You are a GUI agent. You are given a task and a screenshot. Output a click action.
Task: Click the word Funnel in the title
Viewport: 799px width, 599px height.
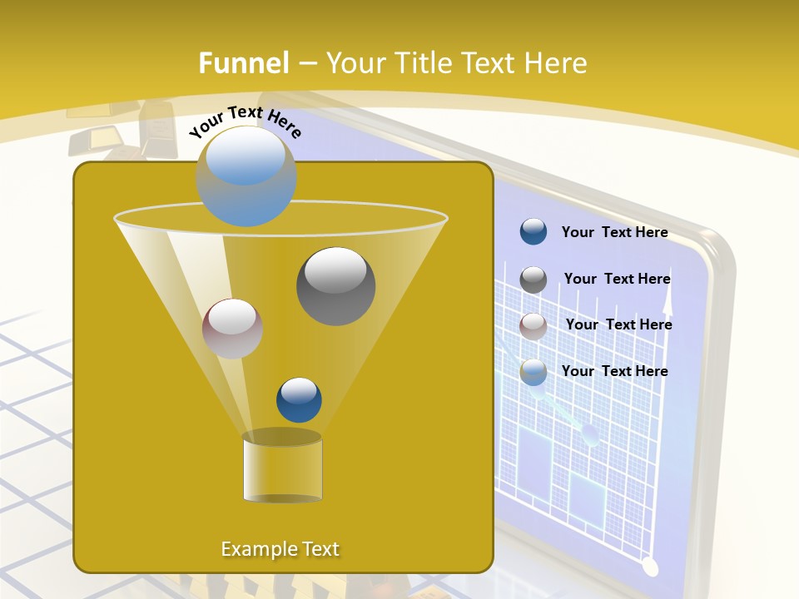243,62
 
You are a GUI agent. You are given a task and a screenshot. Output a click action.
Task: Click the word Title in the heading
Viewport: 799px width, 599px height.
423,62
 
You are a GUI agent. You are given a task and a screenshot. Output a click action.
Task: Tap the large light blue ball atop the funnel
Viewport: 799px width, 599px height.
246,176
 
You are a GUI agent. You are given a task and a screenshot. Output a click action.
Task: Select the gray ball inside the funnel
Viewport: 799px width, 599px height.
335,285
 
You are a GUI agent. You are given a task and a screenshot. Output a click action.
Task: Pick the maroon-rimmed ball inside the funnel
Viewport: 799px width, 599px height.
232,329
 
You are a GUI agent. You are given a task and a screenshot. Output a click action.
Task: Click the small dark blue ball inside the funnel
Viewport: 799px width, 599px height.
299,399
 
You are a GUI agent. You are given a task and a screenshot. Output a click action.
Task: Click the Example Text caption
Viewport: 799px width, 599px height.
280,549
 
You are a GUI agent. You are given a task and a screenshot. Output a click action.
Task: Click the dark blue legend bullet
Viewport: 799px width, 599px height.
533,232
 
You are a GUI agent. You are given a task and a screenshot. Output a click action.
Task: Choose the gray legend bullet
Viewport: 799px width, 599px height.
533,280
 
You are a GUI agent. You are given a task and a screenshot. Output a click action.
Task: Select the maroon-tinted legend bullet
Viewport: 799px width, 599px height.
533,326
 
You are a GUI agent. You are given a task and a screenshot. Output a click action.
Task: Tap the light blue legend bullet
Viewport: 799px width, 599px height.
533,372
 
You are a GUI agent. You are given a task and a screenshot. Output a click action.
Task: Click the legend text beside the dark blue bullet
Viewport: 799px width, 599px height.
614,232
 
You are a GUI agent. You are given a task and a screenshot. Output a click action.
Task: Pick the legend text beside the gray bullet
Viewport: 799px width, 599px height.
617,279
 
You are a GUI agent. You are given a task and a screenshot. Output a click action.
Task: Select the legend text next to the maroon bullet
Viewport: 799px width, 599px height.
618,324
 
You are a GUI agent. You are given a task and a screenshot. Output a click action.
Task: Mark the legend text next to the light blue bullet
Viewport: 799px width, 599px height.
614,371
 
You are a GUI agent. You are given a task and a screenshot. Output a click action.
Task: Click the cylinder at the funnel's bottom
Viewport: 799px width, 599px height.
282,468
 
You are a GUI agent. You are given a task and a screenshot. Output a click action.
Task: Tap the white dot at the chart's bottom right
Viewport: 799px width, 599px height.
650,567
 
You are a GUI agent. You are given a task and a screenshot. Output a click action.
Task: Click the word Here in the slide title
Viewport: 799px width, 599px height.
556,62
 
